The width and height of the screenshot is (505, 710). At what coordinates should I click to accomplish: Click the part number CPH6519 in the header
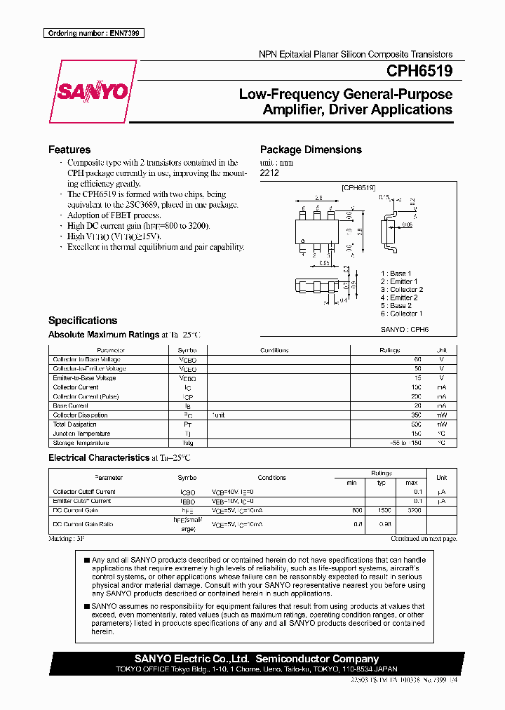pos(419,71)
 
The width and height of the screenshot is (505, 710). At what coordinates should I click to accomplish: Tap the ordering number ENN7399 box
pos(93,34)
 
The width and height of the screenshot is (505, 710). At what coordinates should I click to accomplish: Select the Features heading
pos(69,149)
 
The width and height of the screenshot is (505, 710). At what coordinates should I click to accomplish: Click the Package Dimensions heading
pos(311,149)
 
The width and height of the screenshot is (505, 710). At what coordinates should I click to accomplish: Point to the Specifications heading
pos(83,320)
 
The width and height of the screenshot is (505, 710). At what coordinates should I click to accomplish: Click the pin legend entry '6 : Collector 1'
pos(401,314)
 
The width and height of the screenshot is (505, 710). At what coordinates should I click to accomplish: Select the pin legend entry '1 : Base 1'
pos(396,273)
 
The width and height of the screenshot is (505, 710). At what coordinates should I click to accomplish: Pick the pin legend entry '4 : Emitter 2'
pos(399,297)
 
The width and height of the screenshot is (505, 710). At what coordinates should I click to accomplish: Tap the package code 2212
pos(269,173)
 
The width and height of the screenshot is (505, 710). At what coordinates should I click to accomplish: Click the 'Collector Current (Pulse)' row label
pos(86,396)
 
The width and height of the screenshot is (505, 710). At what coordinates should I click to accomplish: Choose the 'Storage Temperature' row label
pos(81,443)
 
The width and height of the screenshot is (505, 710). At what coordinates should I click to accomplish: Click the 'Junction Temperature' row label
pos(82,434)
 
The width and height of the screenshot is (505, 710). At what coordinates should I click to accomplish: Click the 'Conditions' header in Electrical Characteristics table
pos(271,477)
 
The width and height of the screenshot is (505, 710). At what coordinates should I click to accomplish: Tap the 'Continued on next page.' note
pos(424,539)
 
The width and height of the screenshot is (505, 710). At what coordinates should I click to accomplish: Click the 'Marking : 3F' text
pos(66,539)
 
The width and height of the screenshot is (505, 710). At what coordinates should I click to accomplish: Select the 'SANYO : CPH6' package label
pos(405,328)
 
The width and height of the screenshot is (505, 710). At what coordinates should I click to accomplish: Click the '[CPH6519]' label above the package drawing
pos(358,188)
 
